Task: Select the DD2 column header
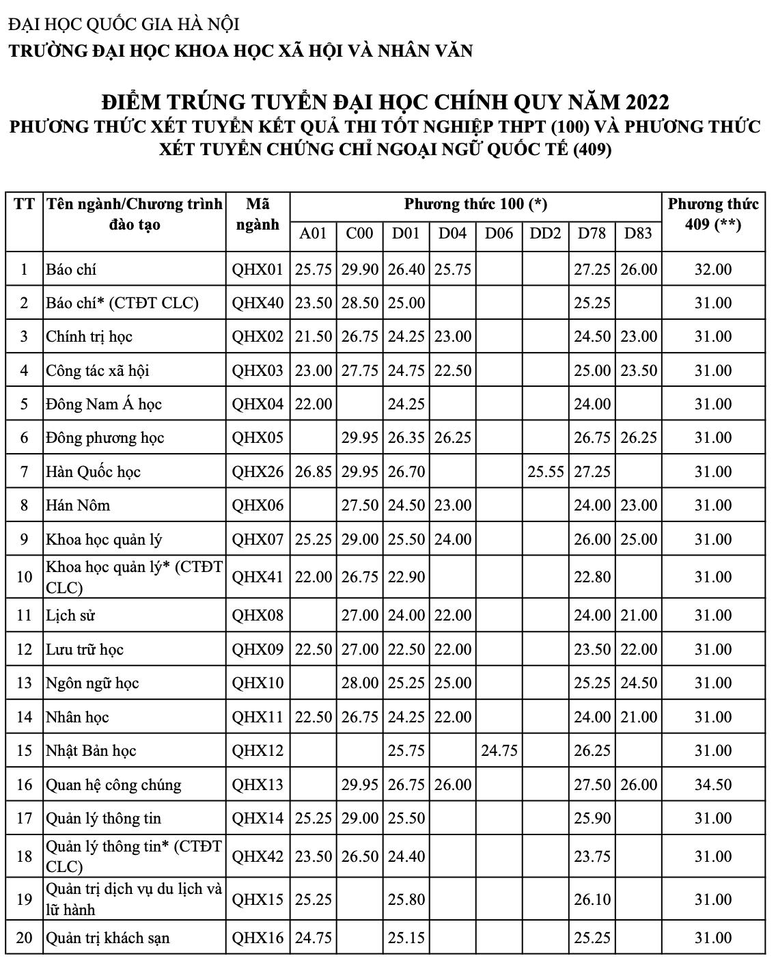pos(545,234)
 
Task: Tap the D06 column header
pos(499,234)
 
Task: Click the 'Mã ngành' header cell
pos(258,215)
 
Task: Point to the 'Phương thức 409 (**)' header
pos(713,214)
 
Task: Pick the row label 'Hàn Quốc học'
pos(93,472)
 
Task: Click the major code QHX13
pos(258,785)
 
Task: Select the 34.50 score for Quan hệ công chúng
pos(713,785)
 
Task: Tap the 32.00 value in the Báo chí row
pos(713,269)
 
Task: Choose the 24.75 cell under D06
pos(499,750)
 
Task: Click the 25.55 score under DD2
pos(545,472)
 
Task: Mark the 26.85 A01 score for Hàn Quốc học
pos(314,472)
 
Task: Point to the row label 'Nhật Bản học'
pos(91,750)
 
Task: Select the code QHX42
pos(258,856)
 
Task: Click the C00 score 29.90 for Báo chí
pos(360,269)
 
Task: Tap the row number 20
pos(25,938)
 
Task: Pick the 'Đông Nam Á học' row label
pos(104,404)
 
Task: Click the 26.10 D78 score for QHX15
pos(592,899)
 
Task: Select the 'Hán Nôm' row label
pos(78,505)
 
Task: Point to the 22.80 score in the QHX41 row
pos(592,577)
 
